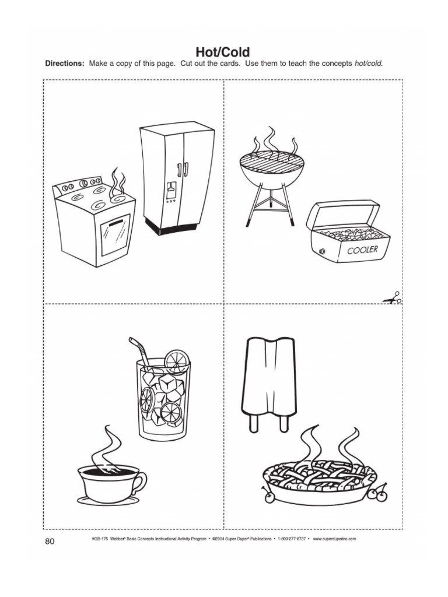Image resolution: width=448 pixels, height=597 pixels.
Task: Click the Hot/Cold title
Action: pyautogui.click(x=224, y=53)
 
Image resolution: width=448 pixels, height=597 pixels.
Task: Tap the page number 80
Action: pyautogui.click(x=49, y=542)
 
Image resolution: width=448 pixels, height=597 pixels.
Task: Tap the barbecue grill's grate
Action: pyautogui.click(x=272, y=158)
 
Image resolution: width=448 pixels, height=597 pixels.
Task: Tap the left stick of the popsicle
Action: pyautogui.click(x=254, y=422)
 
